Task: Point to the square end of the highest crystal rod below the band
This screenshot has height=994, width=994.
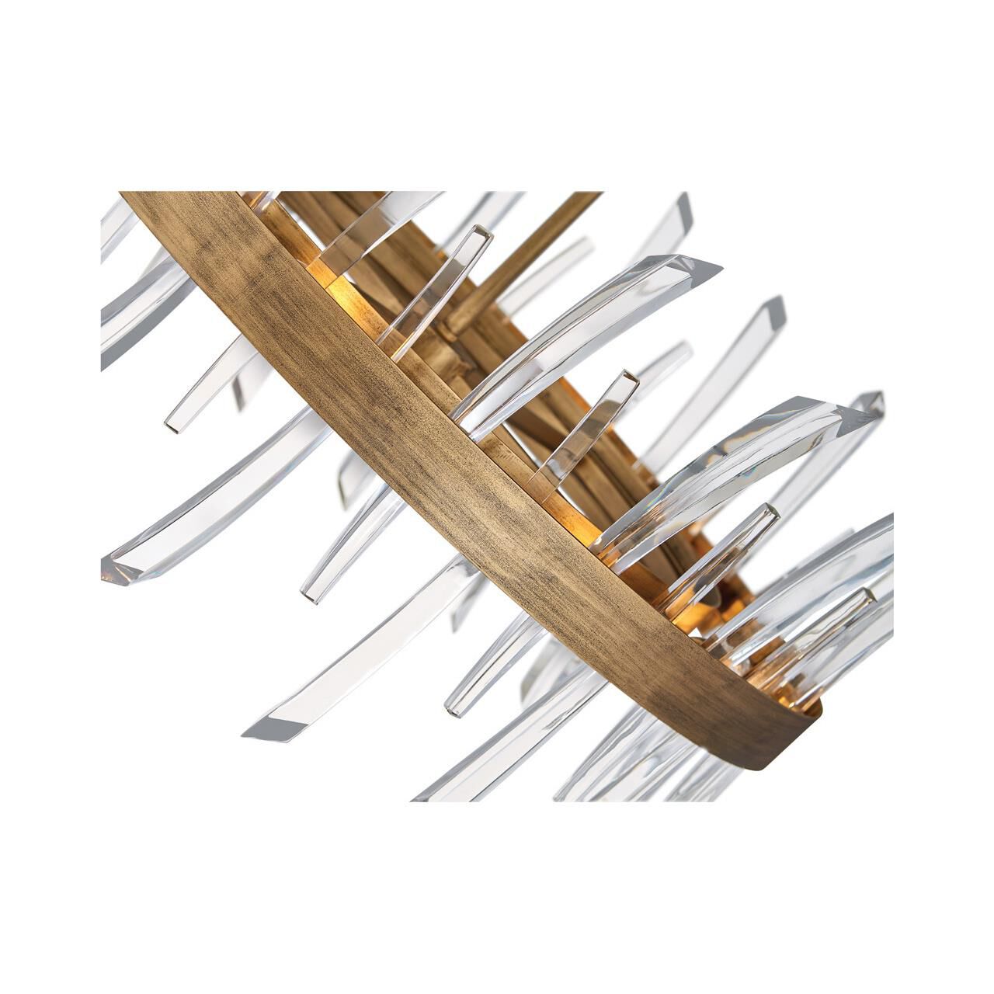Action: click(x=174, y=424)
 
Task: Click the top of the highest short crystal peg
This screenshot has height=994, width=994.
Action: click(x=483, y=231)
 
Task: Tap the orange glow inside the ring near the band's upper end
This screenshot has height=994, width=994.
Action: click(x=326, y=272)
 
